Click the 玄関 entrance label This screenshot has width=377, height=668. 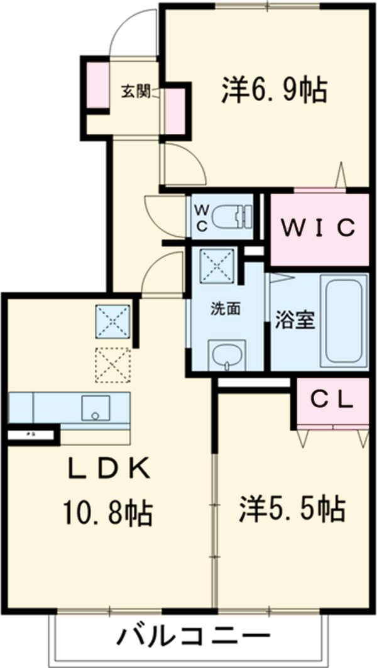[135, 92]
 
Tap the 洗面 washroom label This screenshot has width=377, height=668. [225, 309]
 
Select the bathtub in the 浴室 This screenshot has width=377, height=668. [342, 320]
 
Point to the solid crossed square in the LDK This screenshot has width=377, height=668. [112, 322]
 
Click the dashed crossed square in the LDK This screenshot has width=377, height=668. [112, 363]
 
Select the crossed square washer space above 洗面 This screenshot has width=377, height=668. [217, 266]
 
